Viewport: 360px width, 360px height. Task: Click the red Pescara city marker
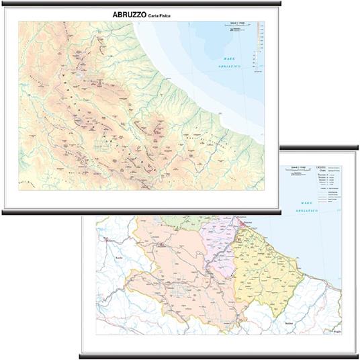240,221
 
